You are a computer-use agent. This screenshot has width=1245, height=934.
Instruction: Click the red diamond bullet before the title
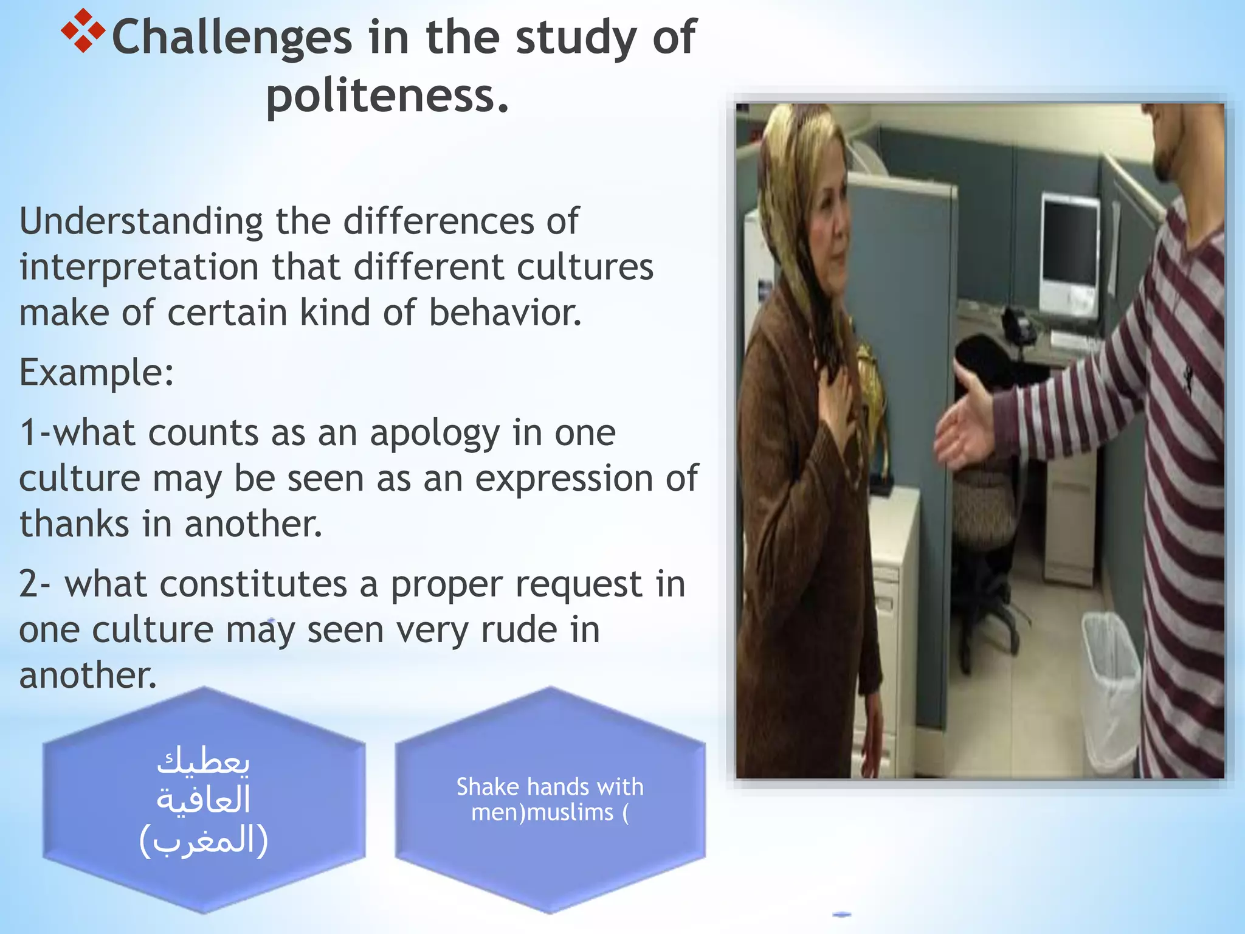pos(83,30)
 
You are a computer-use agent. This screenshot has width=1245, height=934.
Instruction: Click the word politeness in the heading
pos(387,95)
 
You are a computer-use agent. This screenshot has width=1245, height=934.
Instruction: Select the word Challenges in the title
pos(232,38)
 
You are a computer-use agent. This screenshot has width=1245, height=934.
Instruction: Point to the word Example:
pos(97,372)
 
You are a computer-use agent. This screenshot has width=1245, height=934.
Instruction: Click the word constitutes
pos(206,584)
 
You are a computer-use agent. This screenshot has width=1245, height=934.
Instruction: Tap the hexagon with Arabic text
pos(204,800)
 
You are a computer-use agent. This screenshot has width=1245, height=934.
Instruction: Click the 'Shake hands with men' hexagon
pos(550,800)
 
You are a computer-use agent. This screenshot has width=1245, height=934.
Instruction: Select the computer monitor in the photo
pos(1069,243)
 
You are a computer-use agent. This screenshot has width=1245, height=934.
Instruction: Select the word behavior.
pos(505,313)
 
